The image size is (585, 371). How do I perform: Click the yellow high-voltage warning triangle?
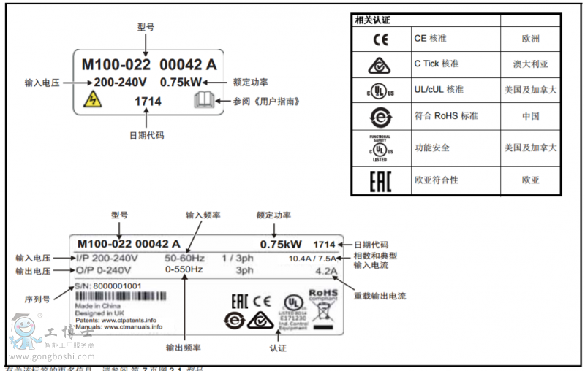(94, 101)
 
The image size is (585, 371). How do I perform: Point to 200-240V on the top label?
(120, 83)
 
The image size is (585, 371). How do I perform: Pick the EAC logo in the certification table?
(381, 180)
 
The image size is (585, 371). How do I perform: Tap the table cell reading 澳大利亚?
(530, 64)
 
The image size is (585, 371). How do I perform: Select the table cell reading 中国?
(530, 116)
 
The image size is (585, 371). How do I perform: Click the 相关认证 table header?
(373, 20)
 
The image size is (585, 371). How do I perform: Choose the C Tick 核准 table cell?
(437, 64)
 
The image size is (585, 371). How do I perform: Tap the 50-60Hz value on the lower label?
(184, 258)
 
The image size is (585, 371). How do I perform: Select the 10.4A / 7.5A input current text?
(312, 259)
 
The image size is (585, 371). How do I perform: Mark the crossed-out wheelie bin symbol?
(323, 312)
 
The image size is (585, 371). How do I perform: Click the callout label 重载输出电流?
(380, 297)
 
